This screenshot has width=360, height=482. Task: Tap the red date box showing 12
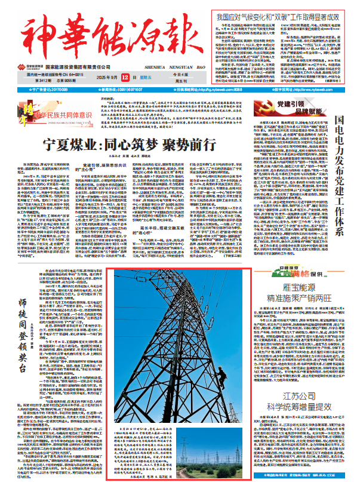(141, 78)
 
